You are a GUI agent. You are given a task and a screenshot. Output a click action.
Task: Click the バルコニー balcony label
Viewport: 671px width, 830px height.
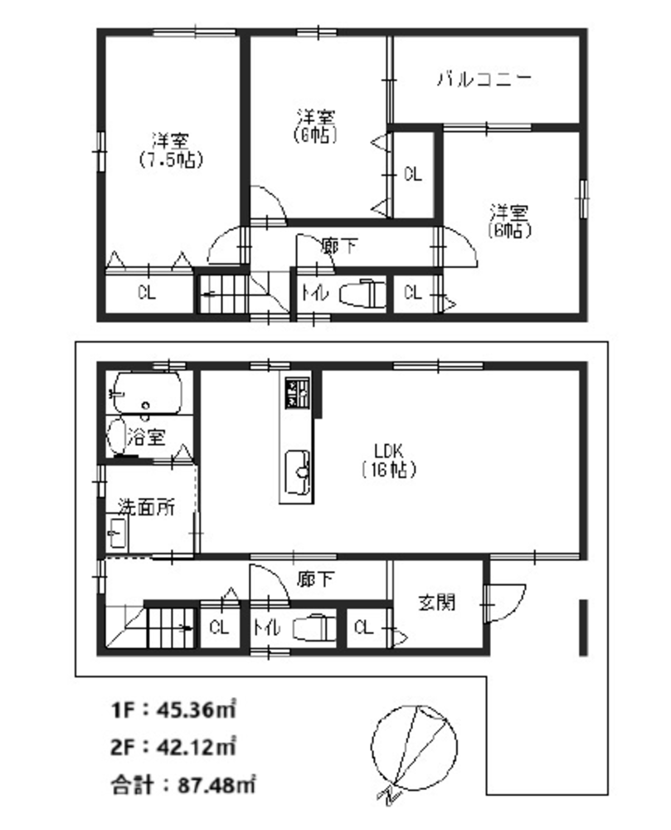tap(484, 80)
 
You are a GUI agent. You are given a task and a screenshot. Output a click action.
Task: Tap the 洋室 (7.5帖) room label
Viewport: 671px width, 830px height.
tap(171, 150)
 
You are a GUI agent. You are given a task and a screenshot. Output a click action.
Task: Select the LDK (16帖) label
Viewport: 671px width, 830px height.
tap(389, 461)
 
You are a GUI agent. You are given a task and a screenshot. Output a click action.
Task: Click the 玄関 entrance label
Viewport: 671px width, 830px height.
tap(437, 602)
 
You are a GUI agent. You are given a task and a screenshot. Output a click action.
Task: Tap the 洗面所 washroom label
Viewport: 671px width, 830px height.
tap(147, 507)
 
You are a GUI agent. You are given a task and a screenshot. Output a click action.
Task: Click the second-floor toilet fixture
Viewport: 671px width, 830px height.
tap(361, 293)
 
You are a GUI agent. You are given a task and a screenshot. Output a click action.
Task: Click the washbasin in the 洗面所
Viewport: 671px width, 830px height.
tap(117, 534)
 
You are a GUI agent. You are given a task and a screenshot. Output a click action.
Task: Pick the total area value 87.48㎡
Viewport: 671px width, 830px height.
tap(217, 784)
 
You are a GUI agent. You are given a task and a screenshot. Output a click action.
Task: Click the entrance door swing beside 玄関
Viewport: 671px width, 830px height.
tap(505, 603)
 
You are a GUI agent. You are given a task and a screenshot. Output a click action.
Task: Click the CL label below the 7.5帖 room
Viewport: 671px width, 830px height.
tap(147, 293)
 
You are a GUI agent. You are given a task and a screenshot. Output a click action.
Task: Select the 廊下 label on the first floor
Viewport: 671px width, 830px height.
tap(315, 579)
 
